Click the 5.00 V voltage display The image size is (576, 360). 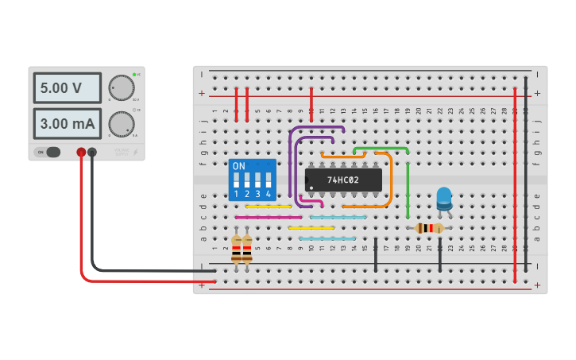[67, 88]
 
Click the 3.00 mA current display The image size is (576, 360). [67, 124]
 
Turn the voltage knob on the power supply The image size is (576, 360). [121, 87]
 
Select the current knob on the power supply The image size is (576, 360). [121, 123]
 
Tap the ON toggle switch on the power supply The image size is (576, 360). [48, 152]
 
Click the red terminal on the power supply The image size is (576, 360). [81, 152]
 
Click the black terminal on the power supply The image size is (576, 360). [92, 152]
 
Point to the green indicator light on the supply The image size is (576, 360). [134, 75]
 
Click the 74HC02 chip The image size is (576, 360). [343, 180]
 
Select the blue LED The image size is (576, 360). [444, 196]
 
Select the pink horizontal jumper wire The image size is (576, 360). [268, 217]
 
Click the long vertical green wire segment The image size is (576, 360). [408, 191]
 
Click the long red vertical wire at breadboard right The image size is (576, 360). [515, 183]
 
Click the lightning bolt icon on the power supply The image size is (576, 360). [135, 152]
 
